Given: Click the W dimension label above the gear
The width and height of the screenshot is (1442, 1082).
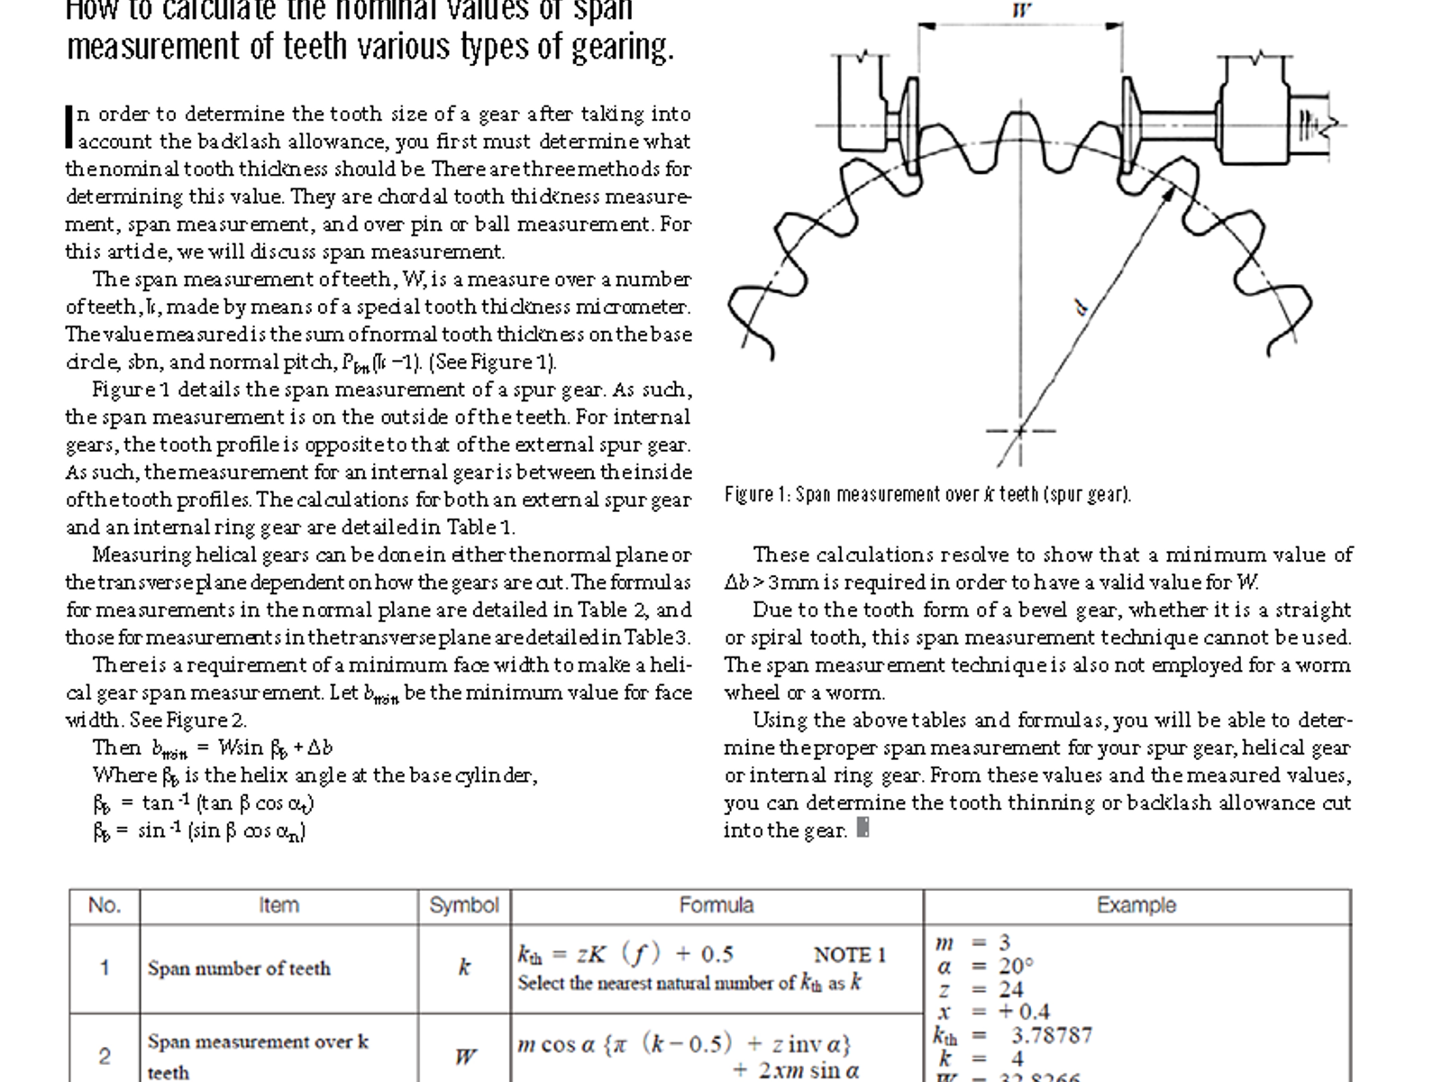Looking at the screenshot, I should [1021, 11].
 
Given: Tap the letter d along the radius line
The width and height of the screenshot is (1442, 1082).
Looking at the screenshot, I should [1081, 309].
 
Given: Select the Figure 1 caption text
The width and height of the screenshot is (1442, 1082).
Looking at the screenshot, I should [927, 494].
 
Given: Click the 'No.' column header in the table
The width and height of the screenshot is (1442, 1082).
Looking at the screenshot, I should [105, 905].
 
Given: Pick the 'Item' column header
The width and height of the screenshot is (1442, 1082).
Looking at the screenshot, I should [278, 905].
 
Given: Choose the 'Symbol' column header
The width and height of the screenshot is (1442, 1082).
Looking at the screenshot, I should [464, 905].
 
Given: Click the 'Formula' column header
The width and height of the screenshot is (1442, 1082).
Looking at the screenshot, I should [716, 905].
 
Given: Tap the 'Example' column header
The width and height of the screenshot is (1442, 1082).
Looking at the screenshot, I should [1136, 905].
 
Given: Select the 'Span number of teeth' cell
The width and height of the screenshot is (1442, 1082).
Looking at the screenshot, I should [239, 968].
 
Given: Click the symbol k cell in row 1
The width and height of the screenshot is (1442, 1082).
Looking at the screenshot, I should [464, 967].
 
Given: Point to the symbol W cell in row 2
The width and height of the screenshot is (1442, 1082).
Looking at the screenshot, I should [465, 1056].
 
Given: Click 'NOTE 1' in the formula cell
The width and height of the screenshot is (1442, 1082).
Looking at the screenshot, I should [850, 955].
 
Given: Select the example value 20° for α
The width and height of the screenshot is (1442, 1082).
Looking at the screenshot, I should [1016, 966].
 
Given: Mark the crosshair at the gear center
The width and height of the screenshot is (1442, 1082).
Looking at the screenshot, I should [1020, 431].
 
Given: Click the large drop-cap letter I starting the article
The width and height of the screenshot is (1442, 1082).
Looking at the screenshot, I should [69, 126].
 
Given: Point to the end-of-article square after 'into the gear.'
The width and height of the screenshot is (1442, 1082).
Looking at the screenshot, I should [862, 828].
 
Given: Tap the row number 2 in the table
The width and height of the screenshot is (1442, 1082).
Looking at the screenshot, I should [105, 1056].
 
